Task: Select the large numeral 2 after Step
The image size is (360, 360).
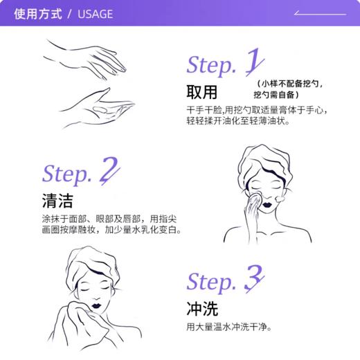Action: pyautogui.click(x=109, y=171)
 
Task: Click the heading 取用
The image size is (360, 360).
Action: pyautogui.click(x=201, y=93)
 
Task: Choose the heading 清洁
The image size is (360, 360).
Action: pyautogui.click(x=57, y=201)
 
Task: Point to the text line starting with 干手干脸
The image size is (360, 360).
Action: pyautogui.click(x=257, y=111)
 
